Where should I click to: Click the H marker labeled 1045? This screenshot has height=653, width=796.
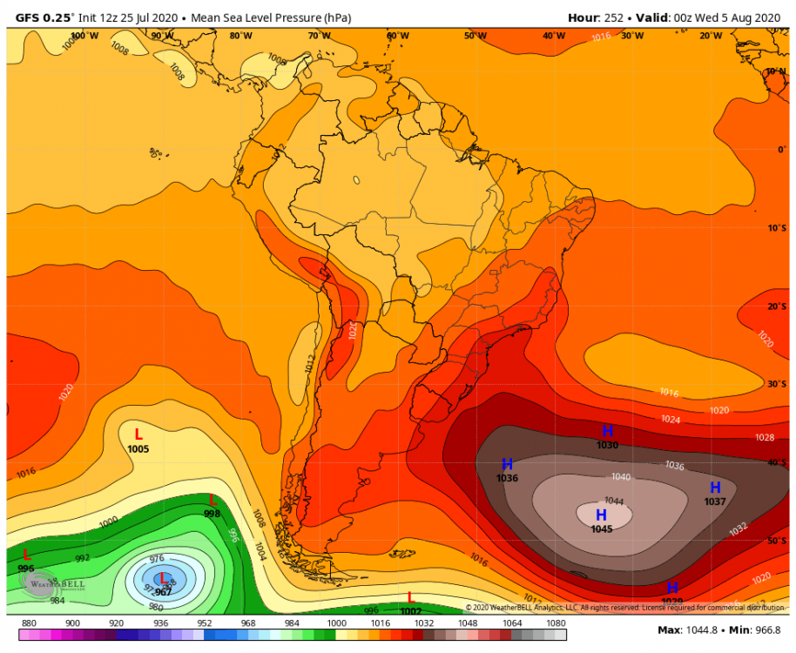[601, 515]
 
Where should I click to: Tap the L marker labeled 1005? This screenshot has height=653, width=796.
[138, 434]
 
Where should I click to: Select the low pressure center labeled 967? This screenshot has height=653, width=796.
[163, 578]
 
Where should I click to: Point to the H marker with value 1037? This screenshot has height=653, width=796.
[715, 488]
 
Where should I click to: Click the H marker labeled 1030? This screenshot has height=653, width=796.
[608, 431]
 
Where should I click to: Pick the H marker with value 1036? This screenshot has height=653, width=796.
[507, 464]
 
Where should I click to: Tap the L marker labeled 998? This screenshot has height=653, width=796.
[212, 501]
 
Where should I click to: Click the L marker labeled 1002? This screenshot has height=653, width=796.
[410, 597]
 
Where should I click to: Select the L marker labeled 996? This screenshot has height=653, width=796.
[26, 555]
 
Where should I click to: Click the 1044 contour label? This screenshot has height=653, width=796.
[614, 501]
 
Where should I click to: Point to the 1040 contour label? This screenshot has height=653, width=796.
[621, 476]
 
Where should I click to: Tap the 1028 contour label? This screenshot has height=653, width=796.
[764, 437]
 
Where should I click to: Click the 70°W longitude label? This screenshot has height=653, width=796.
[319, 36]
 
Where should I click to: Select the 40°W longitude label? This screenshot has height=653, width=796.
[554, 36]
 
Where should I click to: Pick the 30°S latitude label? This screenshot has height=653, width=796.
[776, 384]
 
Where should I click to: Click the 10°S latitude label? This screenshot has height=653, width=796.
[776, 228]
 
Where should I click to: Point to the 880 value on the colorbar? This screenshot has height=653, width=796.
[29, 623]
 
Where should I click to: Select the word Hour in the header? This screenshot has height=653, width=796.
[584, 17]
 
